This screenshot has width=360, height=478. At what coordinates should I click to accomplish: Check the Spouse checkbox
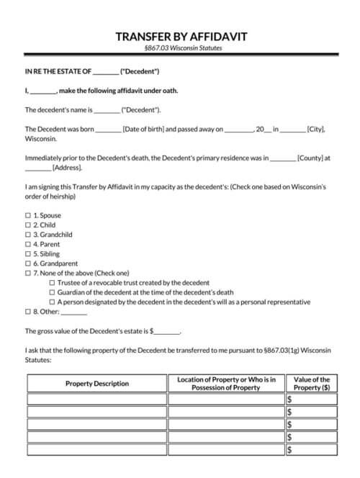(x=28, y=215)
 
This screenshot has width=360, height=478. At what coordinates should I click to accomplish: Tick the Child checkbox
(x=28, y=225)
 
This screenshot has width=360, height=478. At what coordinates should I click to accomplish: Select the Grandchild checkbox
(x=28, y=235)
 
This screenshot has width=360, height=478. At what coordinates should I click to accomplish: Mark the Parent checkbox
(x=28, y=244)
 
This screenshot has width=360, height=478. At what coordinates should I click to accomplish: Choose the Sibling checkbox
(x=28, y=254)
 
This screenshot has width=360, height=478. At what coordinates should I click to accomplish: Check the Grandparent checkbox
(x=28, y=263)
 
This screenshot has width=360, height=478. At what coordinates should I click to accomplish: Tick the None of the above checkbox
(x=28, y=274)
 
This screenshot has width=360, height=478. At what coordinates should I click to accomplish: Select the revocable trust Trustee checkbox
(x=52, y=283)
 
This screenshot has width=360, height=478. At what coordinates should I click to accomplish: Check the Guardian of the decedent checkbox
(x=52, y=293)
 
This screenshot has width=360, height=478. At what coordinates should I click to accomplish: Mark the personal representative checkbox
(x=52, y=302)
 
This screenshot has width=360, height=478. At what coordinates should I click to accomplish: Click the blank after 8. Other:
(x=74, y=313)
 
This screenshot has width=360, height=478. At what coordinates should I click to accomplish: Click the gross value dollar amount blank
(x=167, y=332)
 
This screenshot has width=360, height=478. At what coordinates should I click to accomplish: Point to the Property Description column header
(x=97, y=384)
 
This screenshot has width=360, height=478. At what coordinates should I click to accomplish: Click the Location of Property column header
(x=226, y=384)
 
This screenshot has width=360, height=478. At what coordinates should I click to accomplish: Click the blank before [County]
(x=283, y=158)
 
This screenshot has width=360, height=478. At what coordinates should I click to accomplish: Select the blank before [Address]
(x=38, y=168)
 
